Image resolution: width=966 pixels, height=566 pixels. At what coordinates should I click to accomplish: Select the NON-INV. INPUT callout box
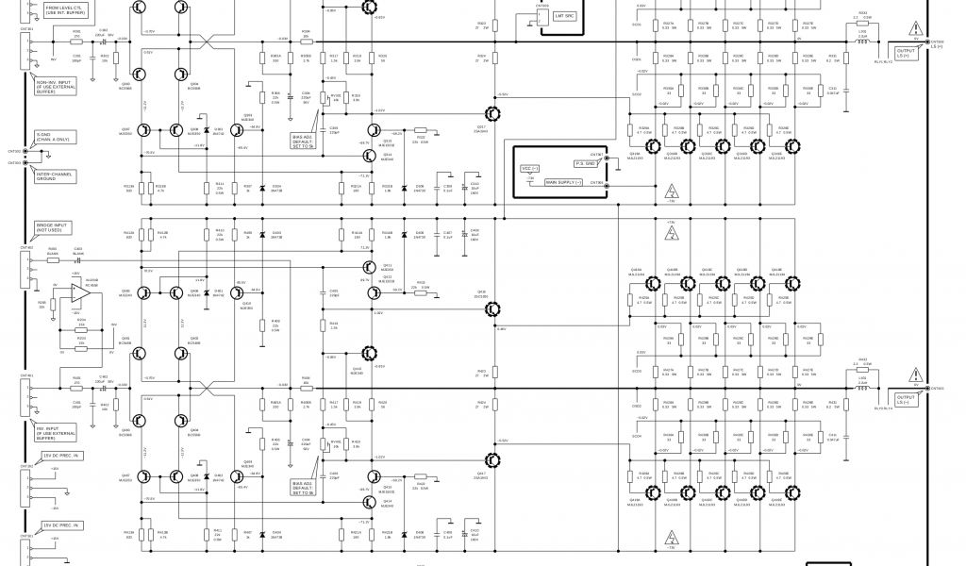click(56, 87)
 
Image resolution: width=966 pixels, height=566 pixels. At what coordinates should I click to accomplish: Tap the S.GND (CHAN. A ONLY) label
click(51, 137)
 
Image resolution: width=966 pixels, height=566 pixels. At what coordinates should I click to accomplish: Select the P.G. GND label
click(585, 163)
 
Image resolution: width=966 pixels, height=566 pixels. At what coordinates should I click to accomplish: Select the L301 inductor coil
click(862, 42)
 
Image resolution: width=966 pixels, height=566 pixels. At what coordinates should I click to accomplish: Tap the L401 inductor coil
click(862, 387)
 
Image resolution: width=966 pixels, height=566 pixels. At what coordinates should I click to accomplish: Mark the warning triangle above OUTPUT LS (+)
click(912, 29)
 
